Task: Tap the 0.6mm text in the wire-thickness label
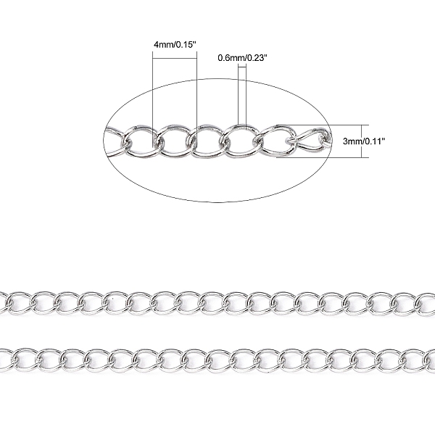(x=231, y=57)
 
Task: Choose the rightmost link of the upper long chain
(x=426, y=301)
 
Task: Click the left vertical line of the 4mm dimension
(x=154, y=87)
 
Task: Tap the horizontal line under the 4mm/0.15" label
(x=175, y=52)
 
